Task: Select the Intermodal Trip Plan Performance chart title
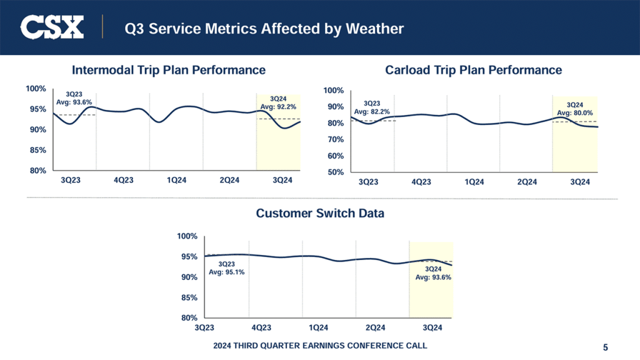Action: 169,69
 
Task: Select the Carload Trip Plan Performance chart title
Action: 474,69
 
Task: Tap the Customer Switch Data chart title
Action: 320,213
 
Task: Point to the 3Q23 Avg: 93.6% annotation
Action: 74,98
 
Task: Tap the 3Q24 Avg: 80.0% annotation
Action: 574,109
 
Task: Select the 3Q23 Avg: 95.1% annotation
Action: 226,269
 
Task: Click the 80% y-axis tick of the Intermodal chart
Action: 37,171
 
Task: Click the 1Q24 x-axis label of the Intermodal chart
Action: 177,181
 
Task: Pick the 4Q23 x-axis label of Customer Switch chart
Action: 261,327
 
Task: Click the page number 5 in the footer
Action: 606,347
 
